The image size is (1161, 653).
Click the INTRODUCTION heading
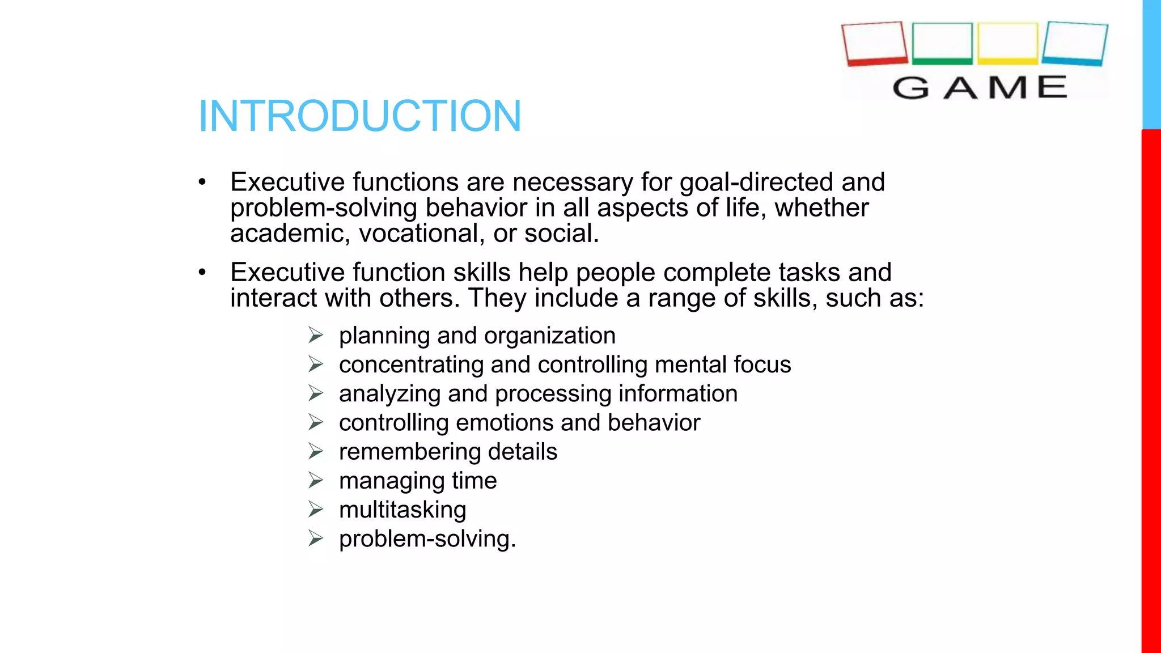click(x=359, y=116)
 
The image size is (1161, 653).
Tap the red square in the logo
click(x=875, y=43)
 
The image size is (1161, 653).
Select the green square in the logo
click(x=942, y=43)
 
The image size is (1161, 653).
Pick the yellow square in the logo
click(x=1007, y=43)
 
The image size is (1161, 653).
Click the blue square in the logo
click(x=1075, y=43)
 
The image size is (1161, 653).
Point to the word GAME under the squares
click(x=980, y=88)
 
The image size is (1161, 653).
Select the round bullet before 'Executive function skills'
click(x=202, y=273)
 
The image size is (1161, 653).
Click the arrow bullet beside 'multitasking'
click(x=316, y=509)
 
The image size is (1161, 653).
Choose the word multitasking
click(x=402, y=510)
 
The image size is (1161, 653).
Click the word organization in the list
click(x=549, y=336)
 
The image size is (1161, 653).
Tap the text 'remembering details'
click(x=448, y=452)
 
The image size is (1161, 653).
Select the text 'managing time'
click(x=418, y=481)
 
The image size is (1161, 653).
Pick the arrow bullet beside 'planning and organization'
click(x=316, y=335)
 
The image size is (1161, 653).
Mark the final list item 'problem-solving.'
click(x=427, y=538)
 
